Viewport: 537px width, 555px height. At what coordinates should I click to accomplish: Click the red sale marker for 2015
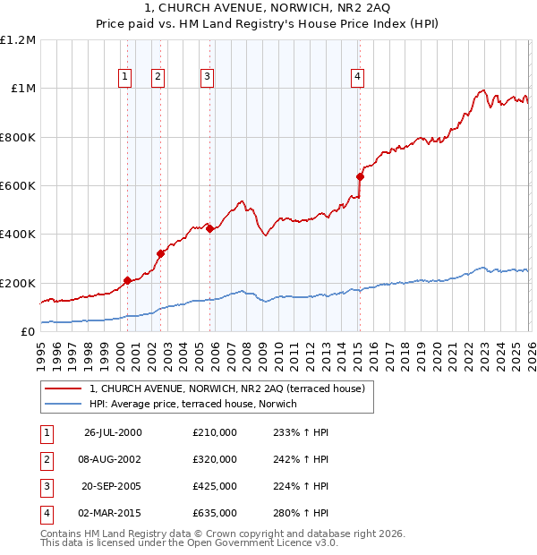360,176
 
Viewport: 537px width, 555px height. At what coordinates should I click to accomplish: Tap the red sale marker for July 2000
127,280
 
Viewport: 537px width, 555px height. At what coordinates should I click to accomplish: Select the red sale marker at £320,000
160,253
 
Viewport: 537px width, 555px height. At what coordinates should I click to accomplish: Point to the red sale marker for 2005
209,228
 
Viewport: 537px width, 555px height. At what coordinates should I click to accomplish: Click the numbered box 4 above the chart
357,77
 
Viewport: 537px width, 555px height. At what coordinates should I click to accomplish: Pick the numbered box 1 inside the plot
124,77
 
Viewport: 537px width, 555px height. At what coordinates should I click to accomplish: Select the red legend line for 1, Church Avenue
61,389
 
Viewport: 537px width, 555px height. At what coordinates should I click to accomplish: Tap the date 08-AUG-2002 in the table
113,459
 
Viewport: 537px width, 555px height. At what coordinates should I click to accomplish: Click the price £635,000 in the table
215,513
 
